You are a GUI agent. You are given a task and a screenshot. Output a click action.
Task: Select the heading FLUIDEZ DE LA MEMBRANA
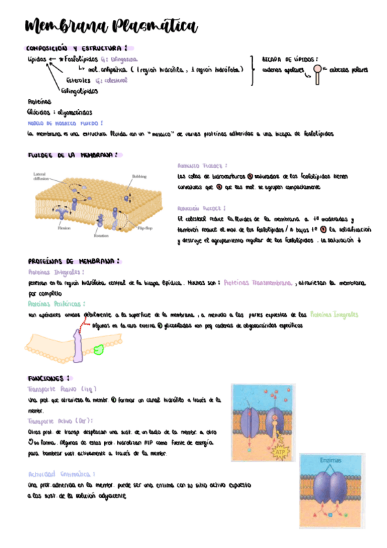(72, 155)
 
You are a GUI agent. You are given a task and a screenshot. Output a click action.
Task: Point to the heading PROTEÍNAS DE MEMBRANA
(74, 262)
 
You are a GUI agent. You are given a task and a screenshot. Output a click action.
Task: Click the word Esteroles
(78, 80)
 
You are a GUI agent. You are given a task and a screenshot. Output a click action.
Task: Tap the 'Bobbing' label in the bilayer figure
(140, 176)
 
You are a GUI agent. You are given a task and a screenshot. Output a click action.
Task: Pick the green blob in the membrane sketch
(98, 350)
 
